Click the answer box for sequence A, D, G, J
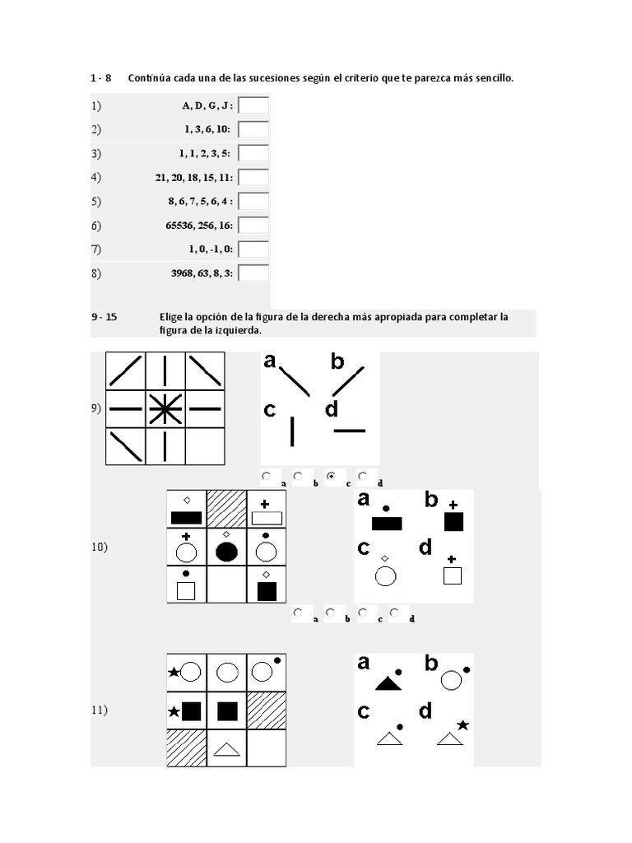(253, 105)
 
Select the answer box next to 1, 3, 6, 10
(253, 129)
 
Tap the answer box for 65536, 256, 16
(253, 226)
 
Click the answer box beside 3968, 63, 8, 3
(253, 273)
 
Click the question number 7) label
(96, 249)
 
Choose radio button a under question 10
(297, 612)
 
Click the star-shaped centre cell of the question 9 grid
(165, 408)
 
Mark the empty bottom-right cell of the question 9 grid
(205, 446)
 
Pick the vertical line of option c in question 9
(292, 431)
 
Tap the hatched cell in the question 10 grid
(225, 509)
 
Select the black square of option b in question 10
(453, 522)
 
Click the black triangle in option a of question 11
(388, 683)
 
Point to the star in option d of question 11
(463, 724)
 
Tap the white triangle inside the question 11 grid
(226, 749)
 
